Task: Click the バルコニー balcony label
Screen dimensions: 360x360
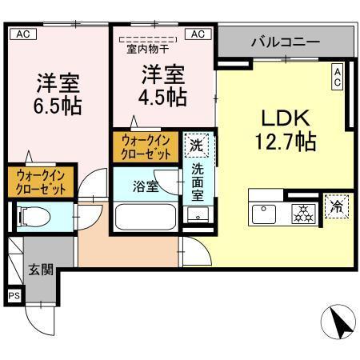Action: (x=286, y=41)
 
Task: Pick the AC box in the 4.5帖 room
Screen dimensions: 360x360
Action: (x=198, y=34)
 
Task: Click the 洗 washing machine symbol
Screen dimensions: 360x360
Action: (x=196, y=146)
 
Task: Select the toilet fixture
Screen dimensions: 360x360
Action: (x=33, y=216)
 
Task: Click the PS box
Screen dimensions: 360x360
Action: (x=14, y=295)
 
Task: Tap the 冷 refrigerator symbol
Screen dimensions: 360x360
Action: (x=336, y=206)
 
